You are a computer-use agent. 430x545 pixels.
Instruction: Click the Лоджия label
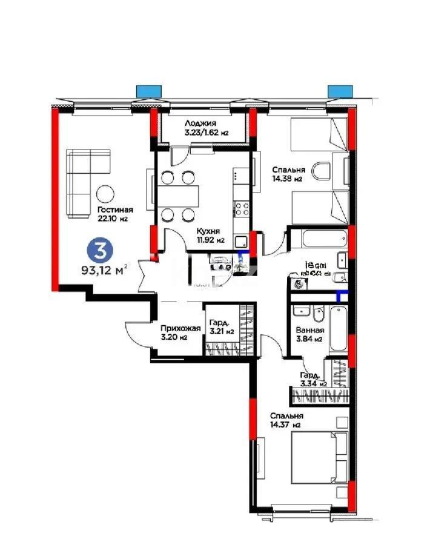tap(200, 123)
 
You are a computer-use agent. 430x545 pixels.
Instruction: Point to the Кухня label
tap(207, 231)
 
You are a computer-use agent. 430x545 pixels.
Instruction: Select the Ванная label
tap(309, 331)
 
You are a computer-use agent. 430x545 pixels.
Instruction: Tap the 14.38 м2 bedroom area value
tap(288, 179)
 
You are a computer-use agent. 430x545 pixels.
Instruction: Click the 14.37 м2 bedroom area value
tap(287, 425)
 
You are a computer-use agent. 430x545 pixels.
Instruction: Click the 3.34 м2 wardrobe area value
tap(313, 383)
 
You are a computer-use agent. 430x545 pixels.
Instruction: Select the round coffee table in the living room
tap(105, 193)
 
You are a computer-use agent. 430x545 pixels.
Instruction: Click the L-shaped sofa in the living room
tap(82, 179)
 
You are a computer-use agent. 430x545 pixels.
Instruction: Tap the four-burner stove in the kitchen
tap(242, 208)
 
